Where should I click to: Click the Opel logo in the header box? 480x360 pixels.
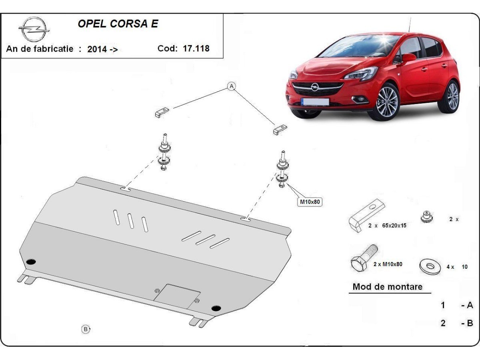click(x=34, y=29)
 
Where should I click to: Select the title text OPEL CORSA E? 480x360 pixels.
click(x=118, y=24)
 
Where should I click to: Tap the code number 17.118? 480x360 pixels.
click(x=196, y=49)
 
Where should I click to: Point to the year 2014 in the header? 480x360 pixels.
click(x=97, y=49)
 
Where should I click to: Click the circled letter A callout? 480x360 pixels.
click(x=232, y=86)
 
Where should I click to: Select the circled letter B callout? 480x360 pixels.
click(x=86, y=329)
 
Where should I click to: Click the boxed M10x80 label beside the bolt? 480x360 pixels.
click(x=310, y=202)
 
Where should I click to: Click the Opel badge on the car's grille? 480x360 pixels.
click(x=315, y=87)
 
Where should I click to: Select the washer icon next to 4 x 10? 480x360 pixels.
click(x=430, y=266)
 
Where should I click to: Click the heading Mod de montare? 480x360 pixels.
click(x=387, y=287)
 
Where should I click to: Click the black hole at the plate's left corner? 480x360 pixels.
click(x=31, y=262)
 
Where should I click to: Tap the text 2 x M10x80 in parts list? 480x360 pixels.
click(x=388, y=264)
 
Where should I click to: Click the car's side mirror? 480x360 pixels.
click(x=408, y=58)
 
